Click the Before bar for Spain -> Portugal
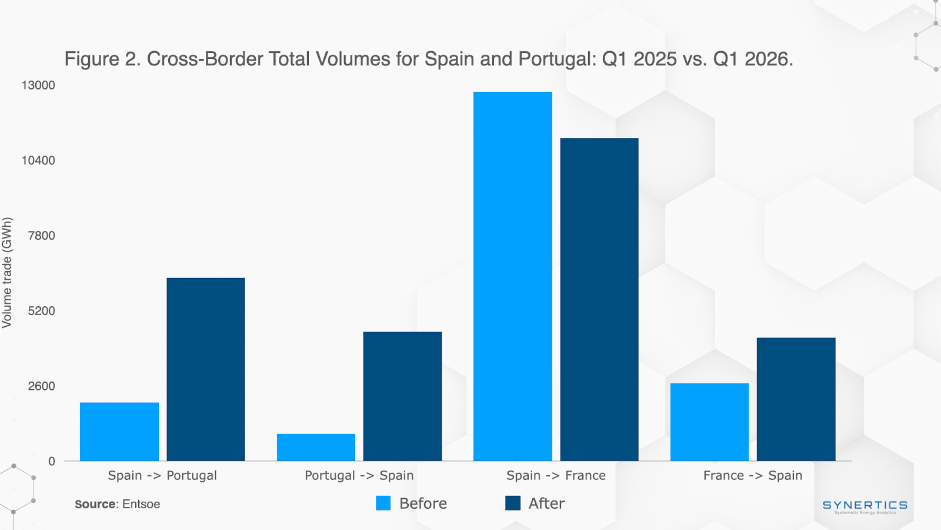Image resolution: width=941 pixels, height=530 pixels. tap(119, 432)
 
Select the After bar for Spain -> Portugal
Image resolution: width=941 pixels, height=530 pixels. tap(206, 369)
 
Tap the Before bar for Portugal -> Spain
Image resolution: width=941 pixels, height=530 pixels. tap(316, 448)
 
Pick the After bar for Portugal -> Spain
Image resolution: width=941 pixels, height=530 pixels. tap(402, 396)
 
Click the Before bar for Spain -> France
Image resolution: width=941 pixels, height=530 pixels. tap(513, 276)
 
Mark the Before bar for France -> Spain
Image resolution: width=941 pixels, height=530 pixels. tap(709, 422)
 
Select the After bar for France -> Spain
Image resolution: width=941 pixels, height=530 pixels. tap(796, 399)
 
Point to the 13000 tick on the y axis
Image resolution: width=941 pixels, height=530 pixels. tap(38, 85)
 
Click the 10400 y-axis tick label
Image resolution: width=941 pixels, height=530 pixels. tap(38, 161)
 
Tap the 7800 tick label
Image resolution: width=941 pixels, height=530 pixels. tap(42, 236)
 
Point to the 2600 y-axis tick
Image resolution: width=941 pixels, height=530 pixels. tap(42, 386)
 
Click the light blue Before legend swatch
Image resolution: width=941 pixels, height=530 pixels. tap(383, 503)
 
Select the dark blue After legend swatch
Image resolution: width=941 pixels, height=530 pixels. tap(513, 503)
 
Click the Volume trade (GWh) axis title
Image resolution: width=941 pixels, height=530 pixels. tap(7, 273)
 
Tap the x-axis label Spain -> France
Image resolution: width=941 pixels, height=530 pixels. tap(556, 475)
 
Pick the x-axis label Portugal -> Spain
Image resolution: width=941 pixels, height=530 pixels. tap(359, 475)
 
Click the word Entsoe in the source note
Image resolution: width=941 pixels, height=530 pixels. tap(141, 504)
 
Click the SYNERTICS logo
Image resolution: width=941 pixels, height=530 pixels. tap(865, 506)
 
